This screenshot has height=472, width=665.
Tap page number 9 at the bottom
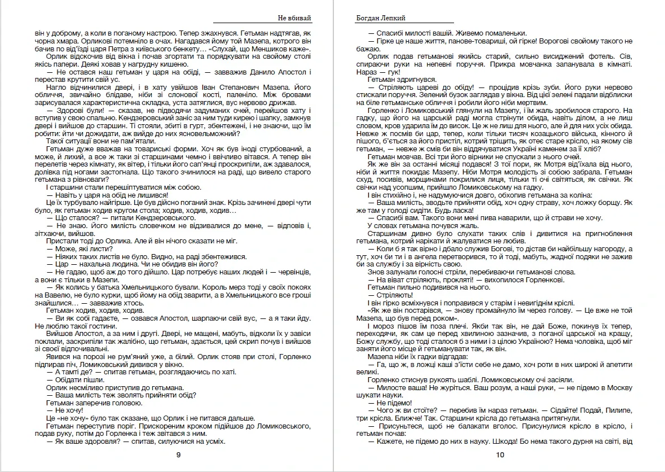click(x=178, y=455)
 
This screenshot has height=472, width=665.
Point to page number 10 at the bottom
click(x=500, y=455)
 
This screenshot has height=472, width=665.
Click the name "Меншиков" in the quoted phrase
click(x=278, y=49)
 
